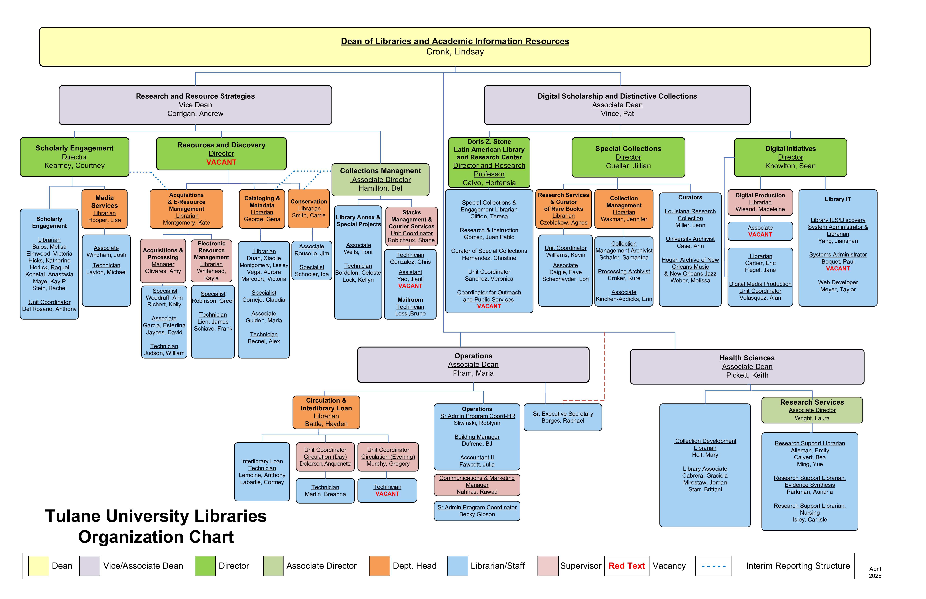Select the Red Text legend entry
[x=626, y=566]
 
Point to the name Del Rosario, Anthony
[x=49, y=309]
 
